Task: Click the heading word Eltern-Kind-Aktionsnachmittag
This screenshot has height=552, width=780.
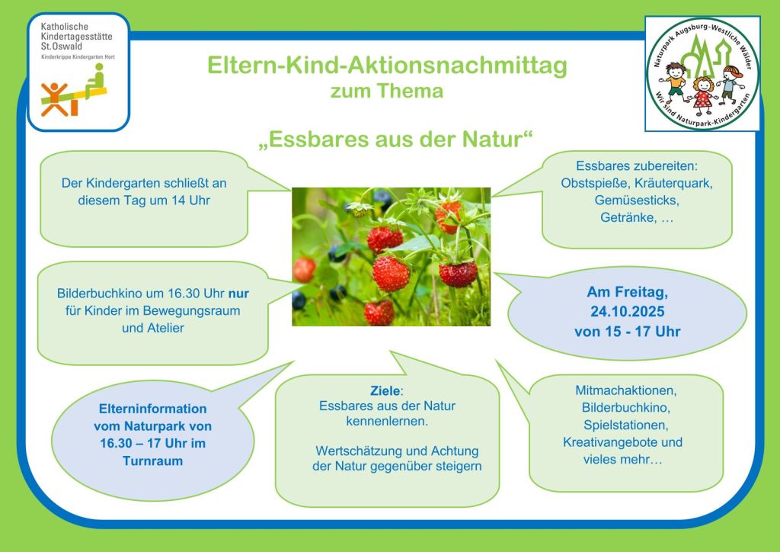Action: click(387, 66)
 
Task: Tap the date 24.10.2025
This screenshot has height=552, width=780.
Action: click(628, 312)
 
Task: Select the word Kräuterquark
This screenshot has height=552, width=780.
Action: click(673, 183)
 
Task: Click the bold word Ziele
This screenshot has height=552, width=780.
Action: click(385, 390)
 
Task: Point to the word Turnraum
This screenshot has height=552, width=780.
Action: click(152, 461)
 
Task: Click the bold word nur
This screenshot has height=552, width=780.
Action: click(238, 294)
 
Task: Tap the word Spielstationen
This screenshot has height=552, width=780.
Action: click(626, 425)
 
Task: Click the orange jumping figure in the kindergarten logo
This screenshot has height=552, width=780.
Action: click(54, 99)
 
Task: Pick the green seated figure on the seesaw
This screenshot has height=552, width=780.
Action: click(95, 81)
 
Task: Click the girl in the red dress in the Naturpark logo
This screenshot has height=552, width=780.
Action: click(703, 93)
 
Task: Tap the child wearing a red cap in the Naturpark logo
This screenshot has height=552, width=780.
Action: click(730, 85)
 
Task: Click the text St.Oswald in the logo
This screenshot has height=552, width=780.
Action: click(62, 47)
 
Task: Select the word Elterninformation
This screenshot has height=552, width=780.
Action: click(152, 409)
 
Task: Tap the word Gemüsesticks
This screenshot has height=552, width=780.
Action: click(637, 200)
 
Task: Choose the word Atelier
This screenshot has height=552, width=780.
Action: click(165, 328)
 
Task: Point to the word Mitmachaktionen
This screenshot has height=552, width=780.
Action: click(626, 390)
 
